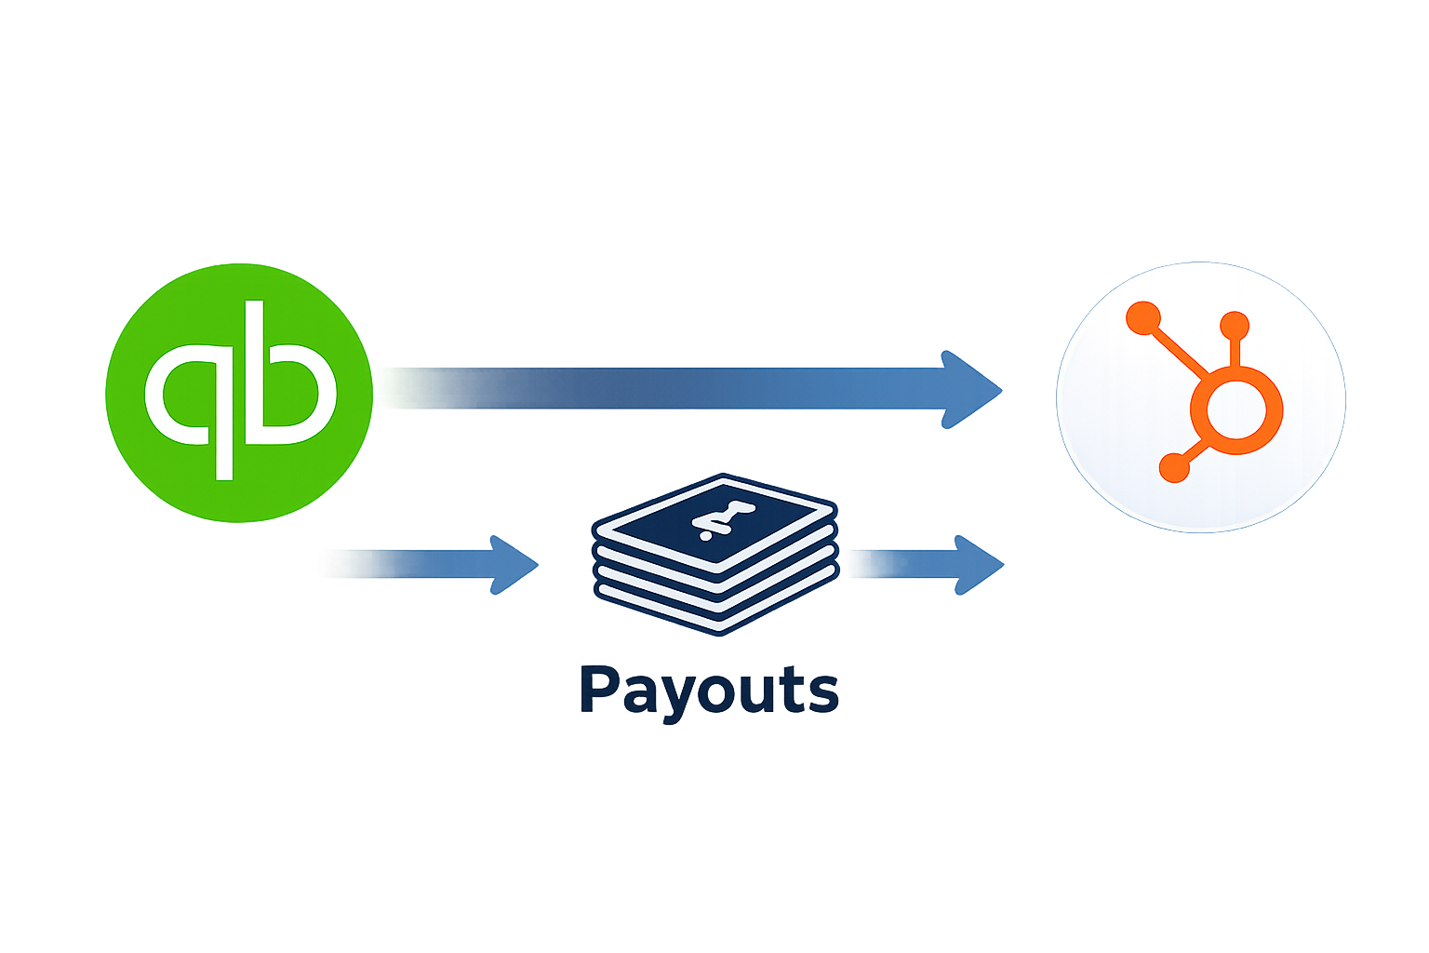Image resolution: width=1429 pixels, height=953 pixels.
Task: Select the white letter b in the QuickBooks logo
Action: [x=289, y=391]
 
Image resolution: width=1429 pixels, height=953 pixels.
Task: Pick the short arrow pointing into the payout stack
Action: [x=437, y=564]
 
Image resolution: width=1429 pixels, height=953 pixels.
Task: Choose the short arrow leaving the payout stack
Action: [x=930, y=564]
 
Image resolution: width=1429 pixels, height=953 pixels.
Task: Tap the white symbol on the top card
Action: [x=714, y=520]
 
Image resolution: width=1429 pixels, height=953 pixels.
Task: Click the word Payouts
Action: [x=709, y=691]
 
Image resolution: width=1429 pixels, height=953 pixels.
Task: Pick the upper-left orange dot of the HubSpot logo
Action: [x=1142, y=317]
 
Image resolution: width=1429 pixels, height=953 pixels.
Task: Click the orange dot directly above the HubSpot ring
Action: [x=1235, y=326]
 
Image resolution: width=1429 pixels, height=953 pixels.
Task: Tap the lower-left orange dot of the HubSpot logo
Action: [x=1174, y=467]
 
